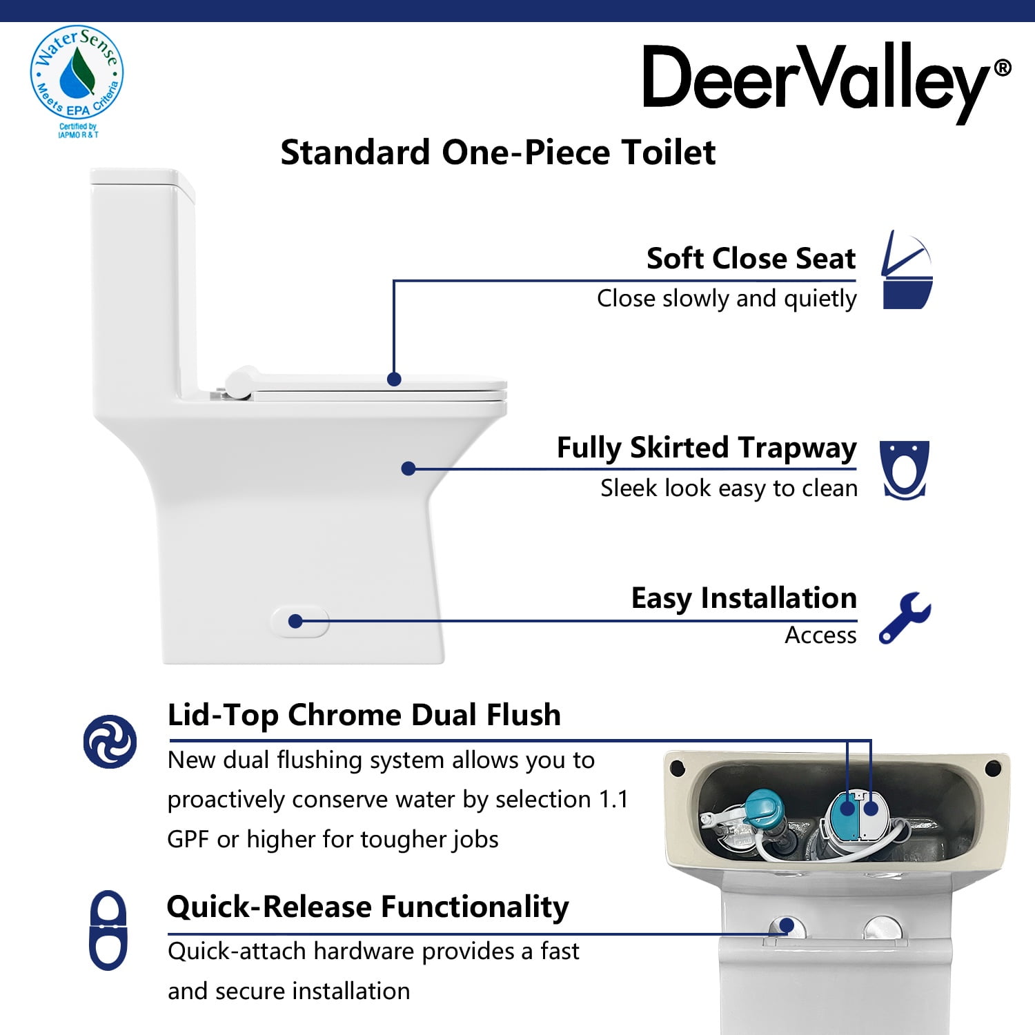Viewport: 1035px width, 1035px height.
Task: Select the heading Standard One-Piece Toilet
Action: (x=497, y=152)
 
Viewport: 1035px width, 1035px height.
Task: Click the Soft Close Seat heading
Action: (x=751, y=259)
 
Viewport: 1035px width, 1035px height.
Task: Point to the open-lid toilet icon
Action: (x=907, y=270)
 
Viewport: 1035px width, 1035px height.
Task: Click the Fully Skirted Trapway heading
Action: (x=707, y=448)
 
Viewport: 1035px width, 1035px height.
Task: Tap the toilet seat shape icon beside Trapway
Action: (x=904, y=469)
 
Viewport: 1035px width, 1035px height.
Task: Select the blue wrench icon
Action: (x=905, y=618)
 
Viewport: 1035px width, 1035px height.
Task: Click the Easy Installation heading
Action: (x=744, y=598)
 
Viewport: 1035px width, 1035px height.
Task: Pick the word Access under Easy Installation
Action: (x=820, y=635)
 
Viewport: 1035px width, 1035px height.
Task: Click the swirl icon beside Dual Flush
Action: (x=110, y=741)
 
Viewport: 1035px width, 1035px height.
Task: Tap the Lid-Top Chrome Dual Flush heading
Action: (x=364, y=715)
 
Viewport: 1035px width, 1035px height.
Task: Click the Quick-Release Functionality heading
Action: (x=368, y=907)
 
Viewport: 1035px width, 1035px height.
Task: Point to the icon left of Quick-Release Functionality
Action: (x=108, y=930)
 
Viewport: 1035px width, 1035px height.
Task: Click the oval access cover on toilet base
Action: (x=299, y=622)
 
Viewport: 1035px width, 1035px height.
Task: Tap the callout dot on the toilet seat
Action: (x=394, y=379)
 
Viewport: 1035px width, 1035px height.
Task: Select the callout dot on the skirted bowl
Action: (x=408, y=469)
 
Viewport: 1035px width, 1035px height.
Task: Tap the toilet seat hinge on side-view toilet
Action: (x=239, y=382)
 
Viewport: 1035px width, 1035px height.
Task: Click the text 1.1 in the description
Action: (x=613, y=799)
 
